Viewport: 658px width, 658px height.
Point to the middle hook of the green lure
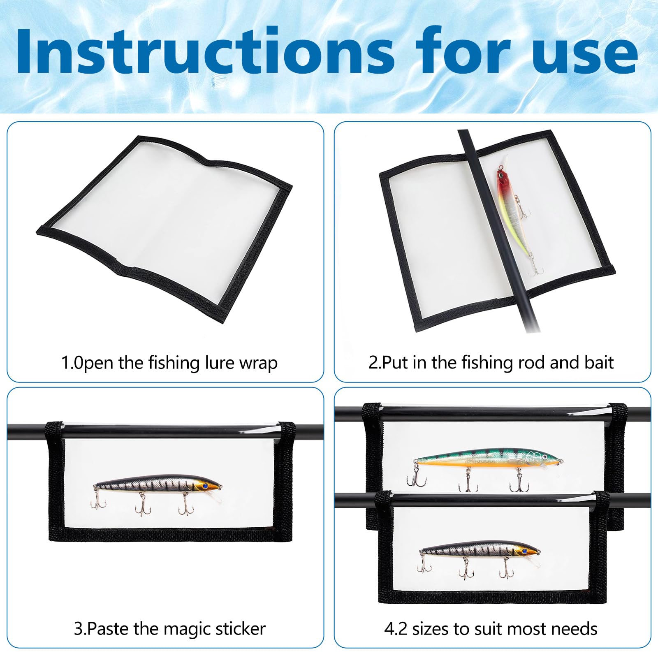(468, 482)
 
